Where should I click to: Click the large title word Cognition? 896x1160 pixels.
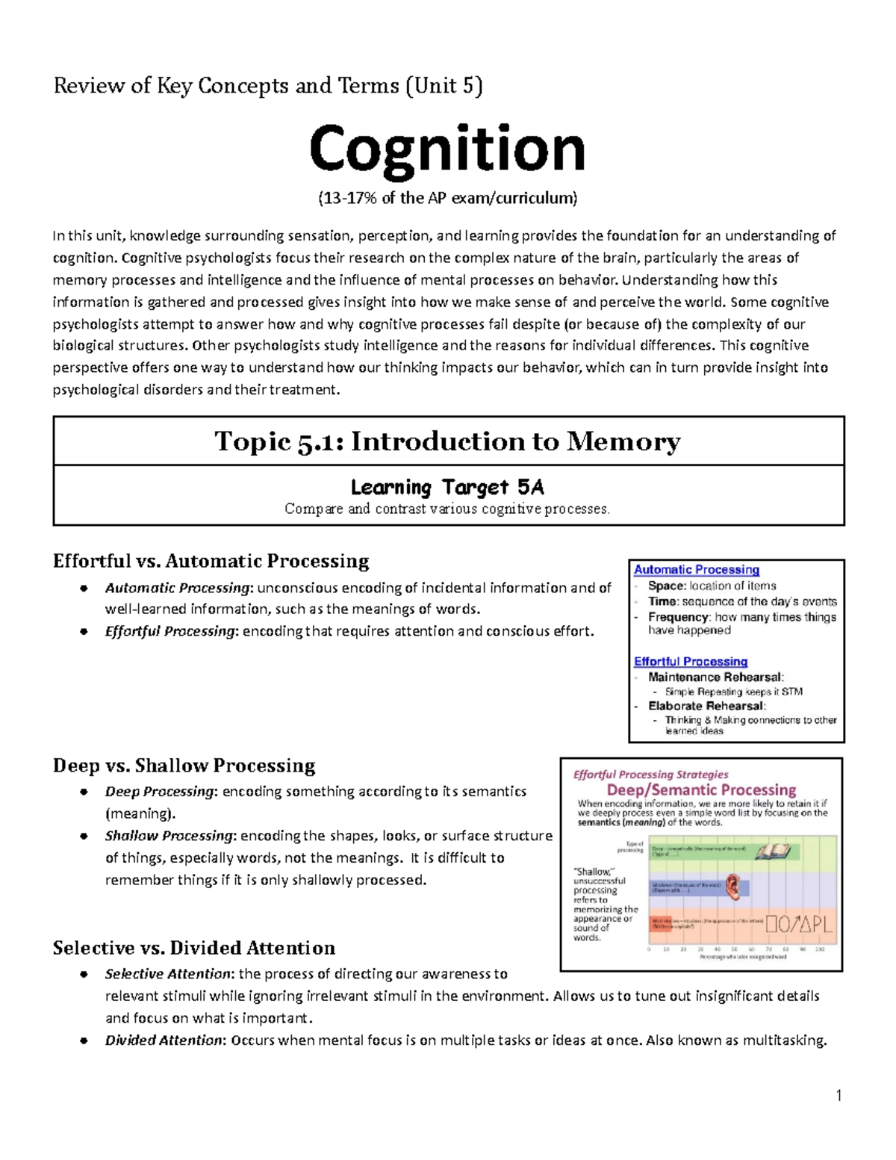click(447, 149)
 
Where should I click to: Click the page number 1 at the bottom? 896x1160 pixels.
click(839, 1096)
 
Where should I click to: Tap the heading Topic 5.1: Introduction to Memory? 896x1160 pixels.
click(447, 441)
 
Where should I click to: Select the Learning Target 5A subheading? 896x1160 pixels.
click(447, 488)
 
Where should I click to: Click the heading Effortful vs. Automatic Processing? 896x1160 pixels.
click(211, 561)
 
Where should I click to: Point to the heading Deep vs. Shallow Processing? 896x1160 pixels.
click(184, 766)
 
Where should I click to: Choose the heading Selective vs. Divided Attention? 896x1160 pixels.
click(193, 948)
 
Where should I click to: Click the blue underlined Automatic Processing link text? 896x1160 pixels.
click(696, 570)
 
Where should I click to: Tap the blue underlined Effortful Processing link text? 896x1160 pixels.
click(690, 662)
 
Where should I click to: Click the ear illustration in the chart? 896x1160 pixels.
click(735, 886)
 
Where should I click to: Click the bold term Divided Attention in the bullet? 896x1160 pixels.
click(164, 1040)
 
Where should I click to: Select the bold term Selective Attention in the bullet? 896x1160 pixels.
click(168, 974)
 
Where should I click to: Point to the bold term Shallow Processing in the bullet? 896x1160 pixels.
click(169, 836)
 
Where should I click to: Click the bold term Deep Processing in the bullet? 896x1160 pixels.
click(159, 792)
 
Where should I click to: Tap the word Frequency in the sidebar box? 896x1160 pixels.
click(678, 617)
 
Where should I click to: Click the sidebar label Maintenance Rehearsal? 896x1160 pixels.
click(715, 677)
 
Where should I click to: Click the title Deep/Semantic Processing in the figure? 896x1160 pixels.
click(701, 790)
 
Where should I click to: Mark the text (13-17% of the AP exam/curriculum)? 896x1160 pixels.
click(447, 199)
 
